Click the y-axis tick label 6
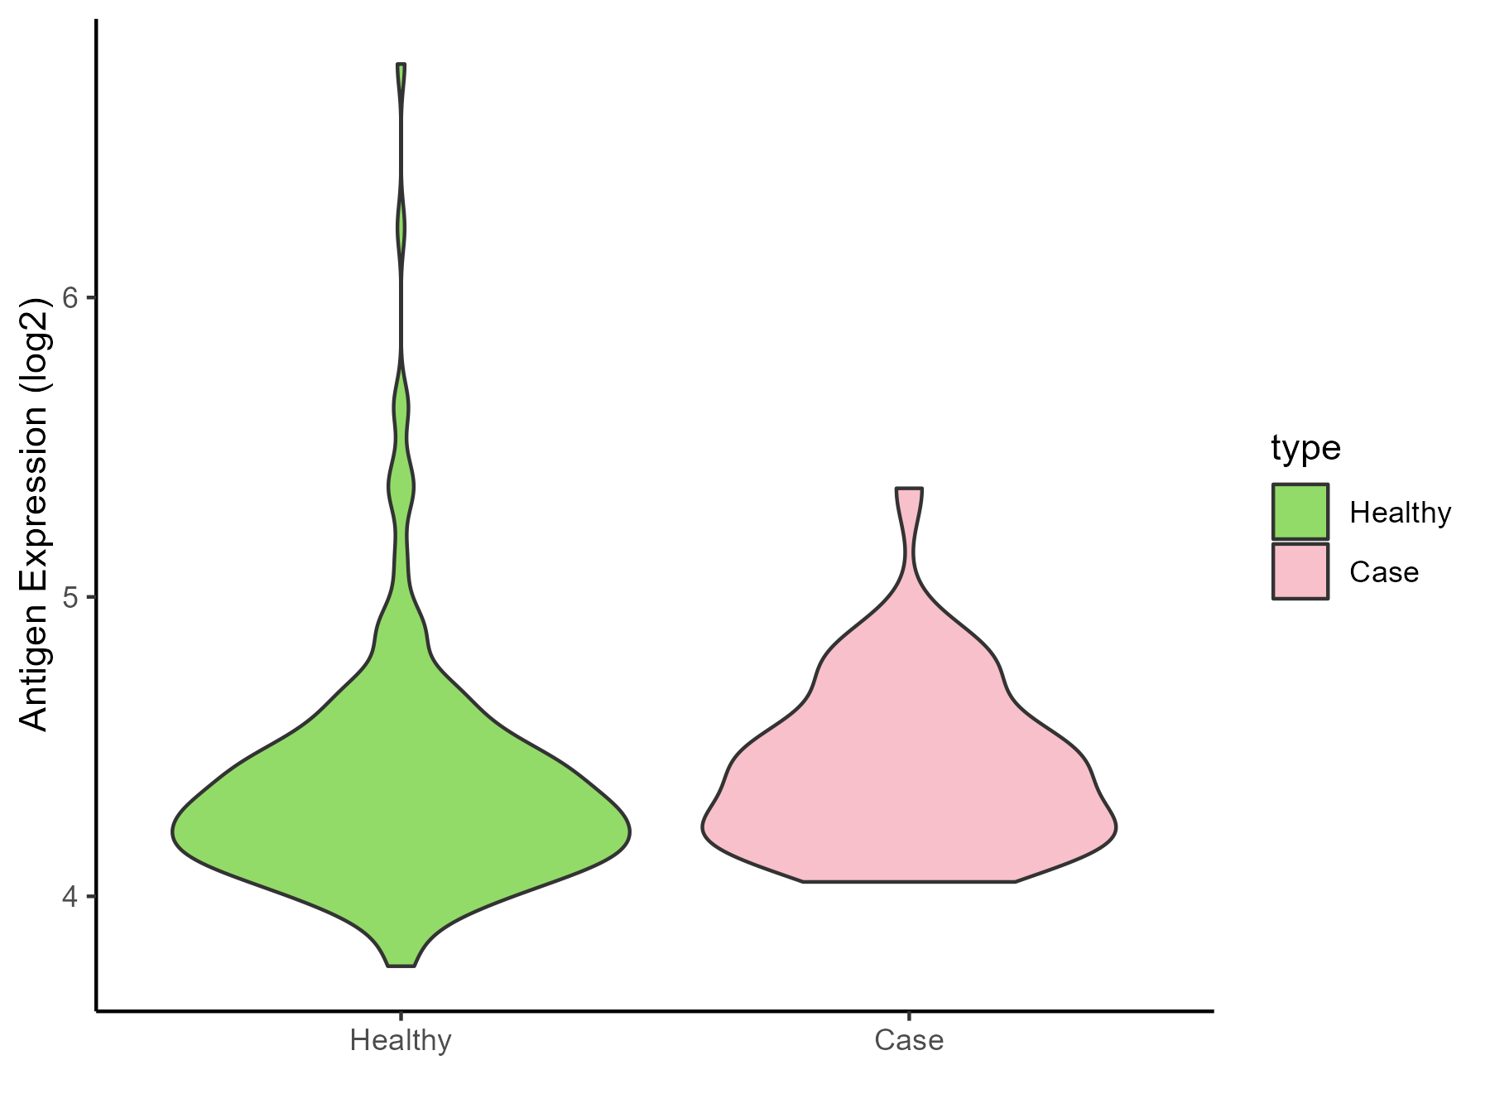click(x=70, y=298)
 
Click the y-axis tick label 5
click(x=70, y=597)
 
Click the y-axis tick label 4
click(x=70, y=897)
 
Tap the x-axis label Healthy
click(x=401, y=1040)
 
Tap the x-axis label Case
click(x=909, y=1040)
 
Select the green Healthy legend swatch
click(x=1300, y=512)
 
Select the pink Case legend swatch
click(x=1300, y=571)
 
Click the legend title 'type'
click(x=1305, y=448)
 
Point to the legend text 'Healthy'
click(x=1400, y=513)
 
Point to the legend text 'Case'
click(x=1384, y=572)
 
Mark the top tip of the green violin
click(x=401, y=65)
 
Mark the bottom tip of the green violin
click(x=401, y=965)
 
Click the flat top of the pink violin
click(x=909, y=489)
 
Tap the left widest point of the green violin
click(x=173, y=832)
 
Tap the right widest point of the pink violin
click(x=1116, y=826)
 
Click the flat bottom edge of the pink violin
click(x=909, y=882)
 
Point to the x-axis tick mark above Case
click(x=909, y=1016)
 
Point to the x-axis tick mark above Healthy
click(x=401, y=1016)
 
